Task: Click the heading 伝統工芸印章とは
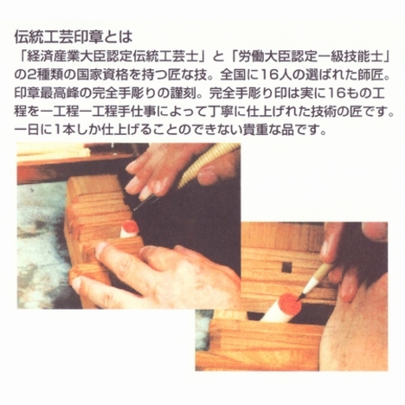[74, 36]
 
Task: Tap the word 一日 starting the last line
[28, 131]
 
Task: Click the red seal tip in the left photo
[130, 228]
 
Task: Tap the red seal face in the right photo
[290, 302]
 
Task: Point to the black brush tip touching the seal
[301, 295]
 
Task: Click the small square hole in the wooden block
[286, 267]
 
